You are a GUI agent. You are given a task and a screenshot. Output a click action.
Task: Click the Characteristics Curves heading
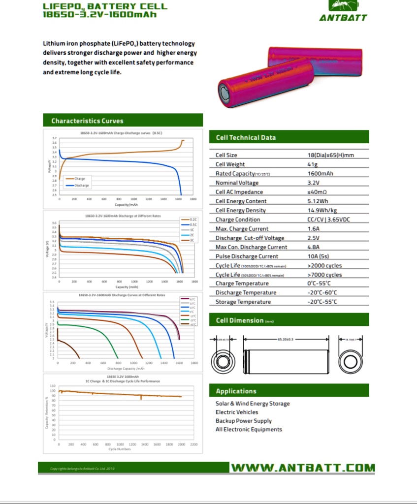[87, 121]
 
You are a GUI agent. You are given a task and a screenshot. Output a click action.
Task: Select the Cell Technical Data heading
[246, 137]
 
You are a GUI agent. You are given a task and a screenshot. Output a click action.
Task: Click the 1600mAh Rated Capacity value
[320, 174]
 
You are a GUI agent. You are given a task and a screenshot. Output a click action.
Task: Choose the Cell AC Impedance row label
[239, 192]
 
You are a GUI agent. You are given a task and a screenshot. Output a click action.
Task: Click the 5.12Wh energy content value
[318, 201]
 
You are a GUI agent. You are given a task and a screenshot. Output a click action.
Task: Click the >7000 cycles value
[324, 275]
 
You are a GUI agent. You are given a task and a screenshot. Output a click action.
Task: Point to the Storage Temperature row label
[243, 302]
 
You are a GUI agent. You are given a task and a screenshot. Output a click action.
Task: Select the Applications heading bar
[289, 391]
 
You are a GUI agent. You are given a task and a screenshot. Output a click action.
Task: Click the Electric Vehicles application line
[237, 412]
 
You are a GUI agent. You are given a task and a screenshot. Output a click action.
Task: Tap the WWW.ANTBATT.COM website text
[303, 468]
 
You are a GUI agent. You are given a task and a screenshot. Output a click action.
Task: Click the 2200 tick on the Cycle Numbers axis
[193, 444]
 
